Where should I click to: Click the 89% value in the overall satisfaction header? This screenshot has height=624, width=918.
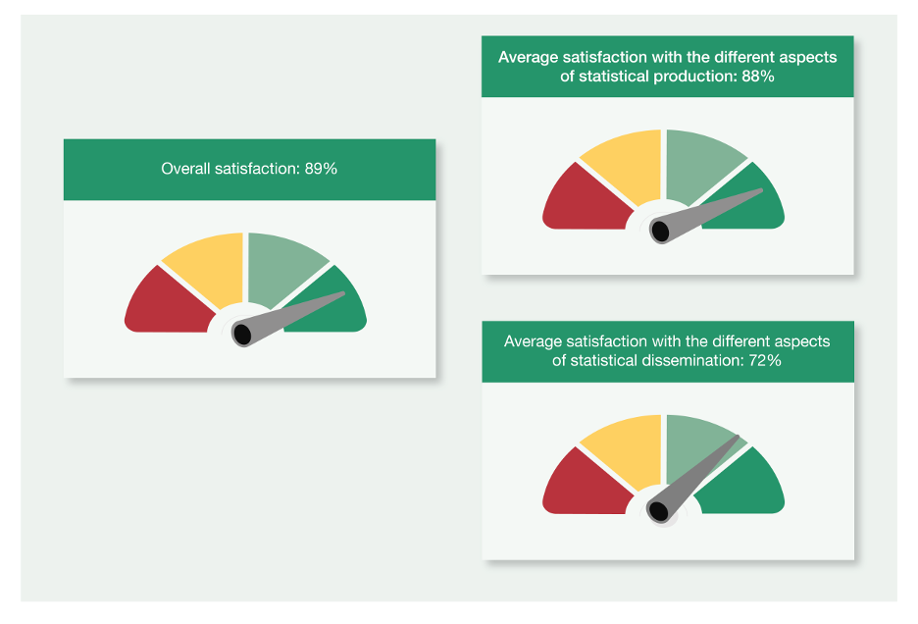click(321, 169)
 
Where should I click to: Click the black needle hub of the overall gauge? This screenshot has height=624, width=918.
click(242, 334)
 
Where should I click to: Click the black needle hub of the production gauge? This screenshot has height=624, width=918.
click(660, 231)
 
